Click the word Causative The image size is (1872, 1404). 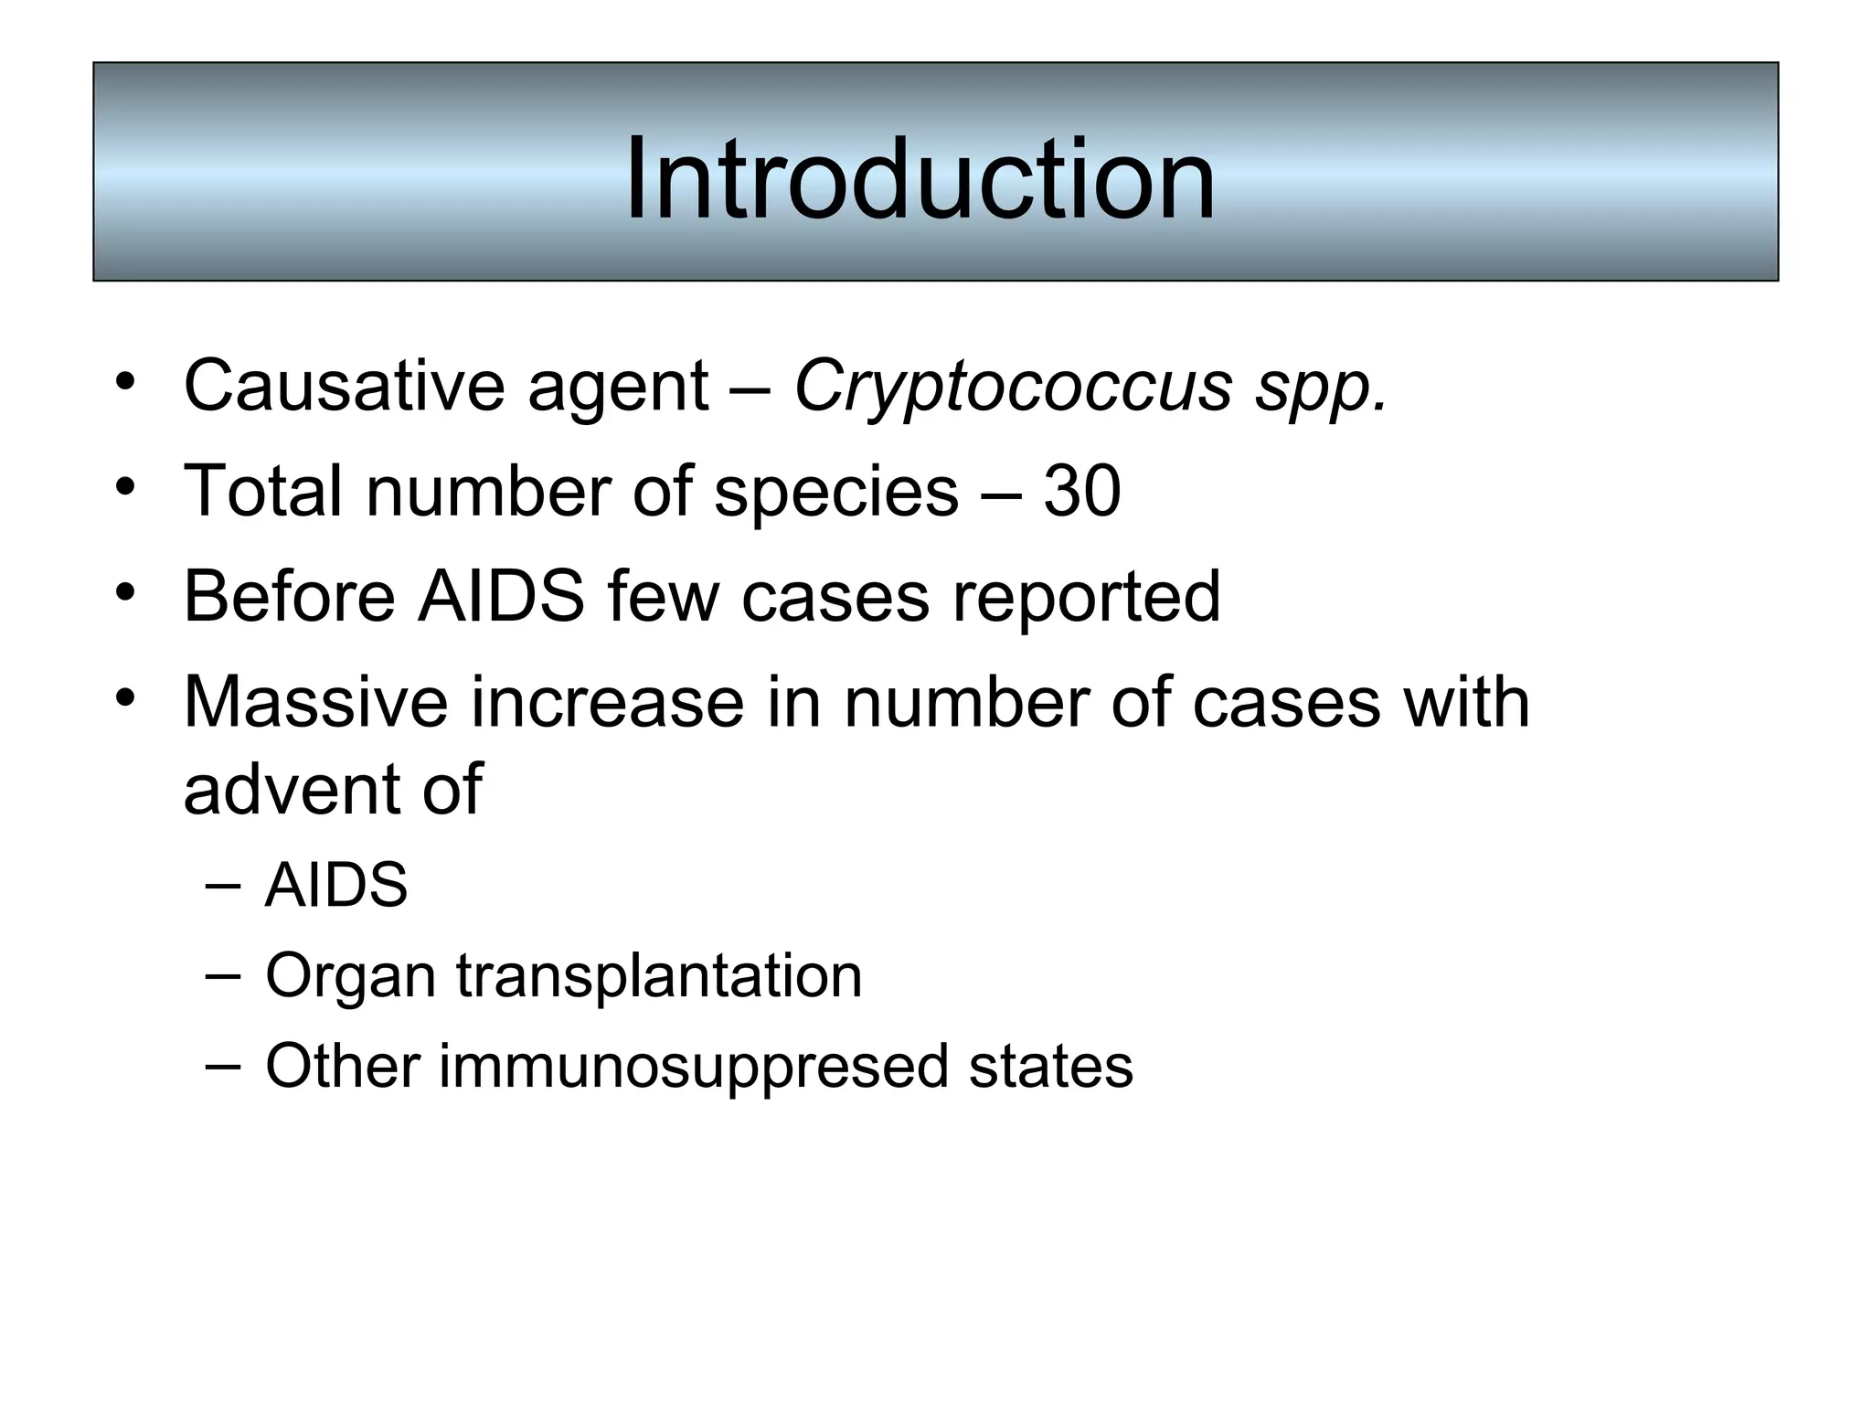pyautogui.click(x=343, y=386)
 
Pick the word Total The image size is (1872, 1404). pyautogui.click(x=264, y=492)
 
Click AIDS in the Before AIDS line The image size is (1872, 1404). pyautogui.click(x=500, y=596)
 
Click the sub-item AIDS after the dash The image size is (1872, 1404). pyautogui.click(x=335, y=885)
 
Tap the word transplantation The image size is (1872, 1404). pyautogui.click(x=659, y=976)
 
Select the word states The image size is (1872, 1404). pyautogui.click(x=1050, y=1066)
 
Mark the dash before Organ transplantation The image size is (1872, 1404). pyautogui.click(x=224, y=974)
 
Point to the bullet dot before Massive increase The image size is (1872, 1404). pyautogui.click(x=125, y=697)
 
